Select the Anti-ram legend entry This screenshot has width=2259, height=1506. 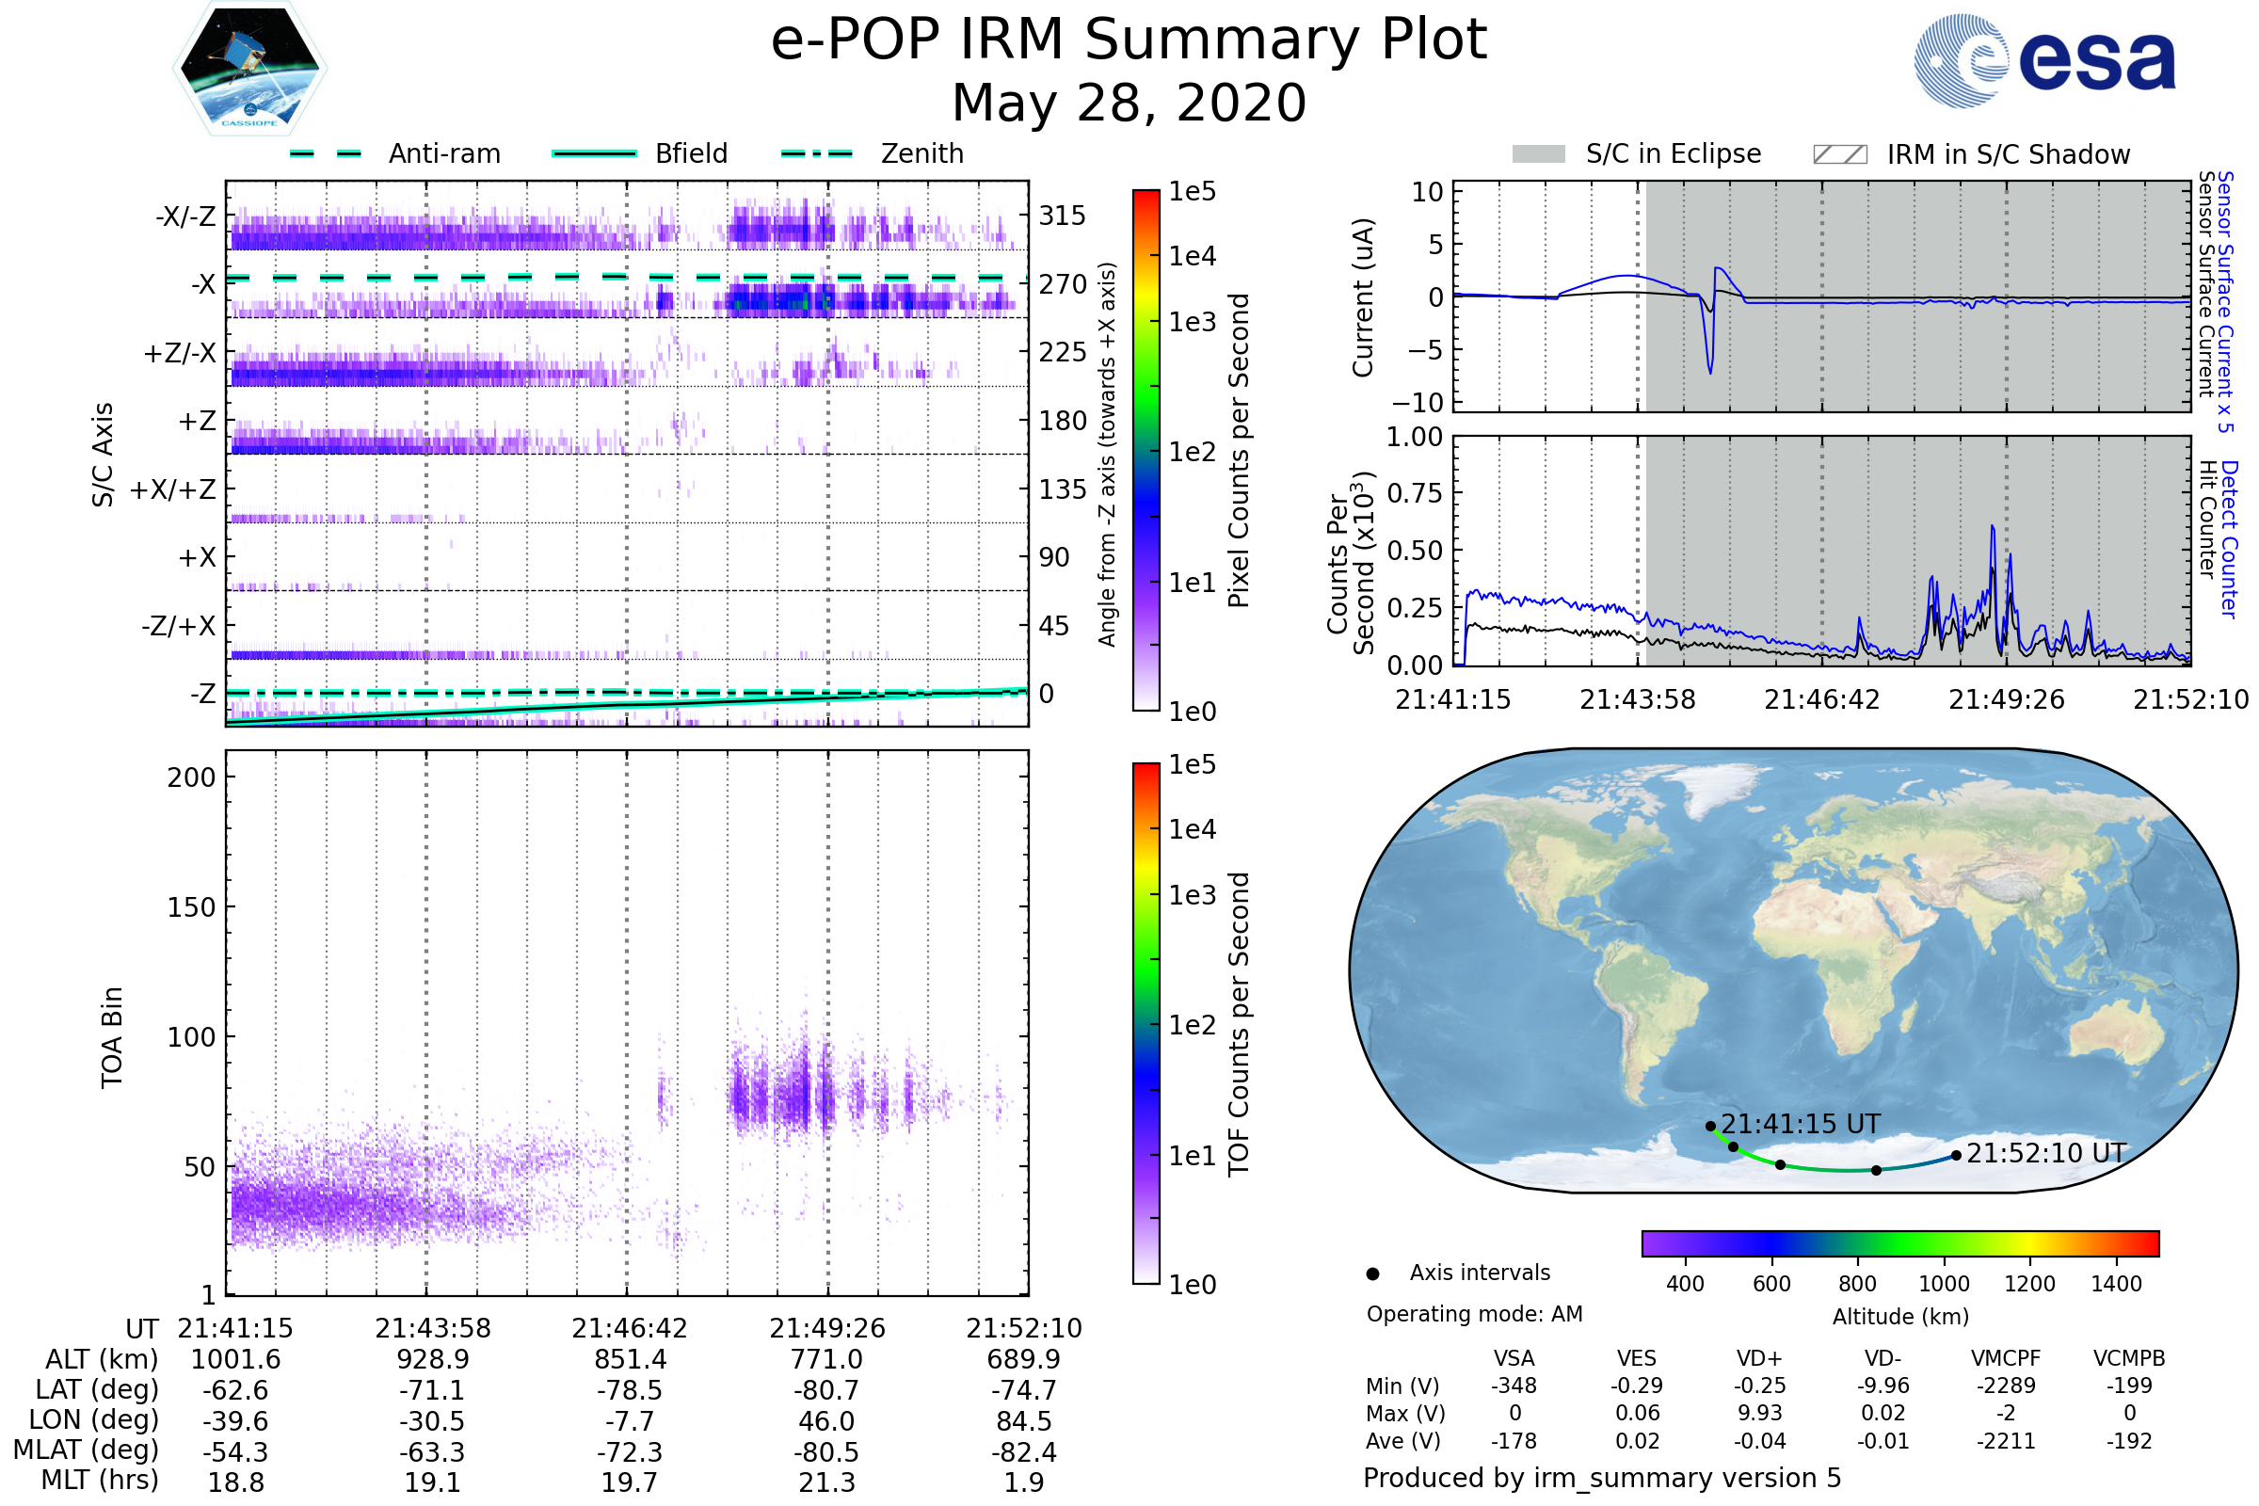click(x=443, y=153)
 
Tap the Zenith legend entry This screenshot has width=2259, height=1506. click(x=921, y=153)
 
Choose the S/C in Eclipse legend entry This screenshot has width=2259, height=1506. click(x=1673, y=153)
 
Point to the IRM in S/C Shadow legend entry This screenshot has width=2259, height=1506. click(x=2008, y=154)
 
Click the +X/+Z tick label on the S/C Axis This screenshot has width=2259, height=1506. click(x=173, y=489)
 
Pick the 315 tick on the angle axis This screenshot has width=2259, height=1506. click(x=1063, y=216)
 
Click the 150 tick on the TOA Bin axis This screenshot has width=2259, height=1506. click(x=191, y=907)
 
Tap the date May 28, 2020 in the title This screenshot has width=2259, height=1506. click(x=1129, y=103)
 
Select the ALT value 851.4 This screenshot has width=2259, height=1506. click(x=630, y=1360)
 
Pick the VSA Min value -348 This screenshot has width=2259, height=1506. click(x=1514, y=1386)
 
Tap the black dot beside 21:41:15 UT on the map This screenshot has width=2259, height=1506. click(x=1710, y=1126)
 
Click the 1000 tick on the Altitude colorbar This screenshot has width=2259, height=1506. click(x=1944, y=1284)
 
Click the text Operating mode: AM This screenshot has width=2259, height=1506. click(x=1474, y=1314)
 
